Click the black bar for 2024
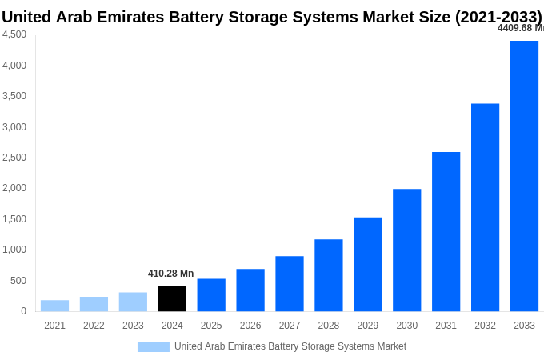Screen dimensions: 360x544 (x=172, y=298)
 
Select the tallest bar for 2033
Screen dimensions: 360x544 (x=524, y=176)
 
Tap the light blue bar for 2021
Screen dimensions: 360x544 (x=54, y=306)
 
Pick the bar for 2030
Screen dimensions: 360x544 (x=406, y=250)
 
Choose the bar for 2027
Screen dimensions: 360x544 (x=290, y=283)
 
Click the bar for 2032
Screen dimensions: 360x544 (x=485, y=207)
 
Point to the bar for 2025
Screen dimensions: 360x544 (x=211, y=294)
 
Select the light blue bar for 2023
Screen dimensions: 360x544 (x=133, y=302)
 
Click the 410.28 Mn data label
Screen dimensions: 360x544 (x=170, y=274)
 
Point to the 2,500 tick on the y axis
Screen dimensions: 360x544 (x=14, y=158)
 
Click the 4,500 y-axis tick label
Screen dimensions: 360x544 (x=14, y=34)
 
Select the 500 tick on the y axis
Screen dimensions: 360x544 (x=18, y=281)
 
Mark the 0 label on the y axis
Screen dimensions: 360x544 (x=23, y=311)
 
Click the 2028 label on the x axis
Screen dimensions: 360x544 (x=328, y=326)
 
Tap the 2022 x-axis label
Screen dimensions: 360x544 (x=94, y=326)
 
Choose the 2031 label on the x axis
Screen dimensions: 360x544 (x=446, y=326)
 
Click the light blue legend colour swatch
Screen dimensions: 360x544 (x=153, y=347)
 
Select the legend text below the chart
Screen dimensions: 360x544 (x=290, y=346)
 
